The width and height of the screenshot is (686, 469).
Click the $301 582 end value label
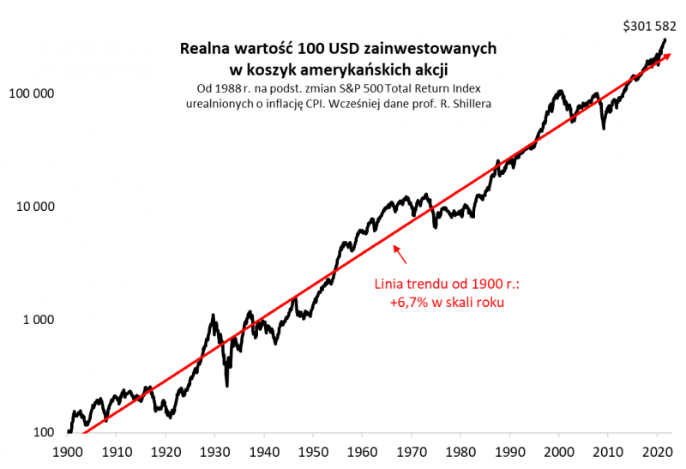(x=648, y=26)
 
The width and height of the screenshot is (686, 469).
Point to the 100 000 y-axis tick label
(x=31, y=93)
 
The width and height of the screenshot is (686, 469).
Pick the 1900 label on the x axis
(x=68, y=451)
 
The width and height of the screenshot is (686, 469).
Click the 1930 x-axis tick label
(x=215, y=451)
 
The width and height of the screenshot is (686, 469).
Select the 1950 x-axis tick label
(x=314, y=451)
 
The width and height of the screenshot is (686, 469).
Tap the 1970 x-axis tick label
(x=412, y=451)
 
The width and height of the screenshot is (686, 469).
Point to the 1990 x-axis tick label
(x=510, y=451)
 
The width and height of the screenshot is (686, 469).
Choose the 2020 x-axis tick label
(x=658, y=451)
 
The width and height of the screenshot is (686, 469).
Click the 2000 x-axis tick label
(x=559, y=451)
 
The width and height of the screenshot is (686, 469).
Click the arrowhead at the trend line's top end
(x=667, y=57)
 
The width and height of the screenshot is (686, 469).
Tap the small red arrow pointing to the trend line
(x=401, y=253)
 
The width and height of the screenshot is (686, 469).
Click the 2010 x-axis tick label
(x=609, y=451)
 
